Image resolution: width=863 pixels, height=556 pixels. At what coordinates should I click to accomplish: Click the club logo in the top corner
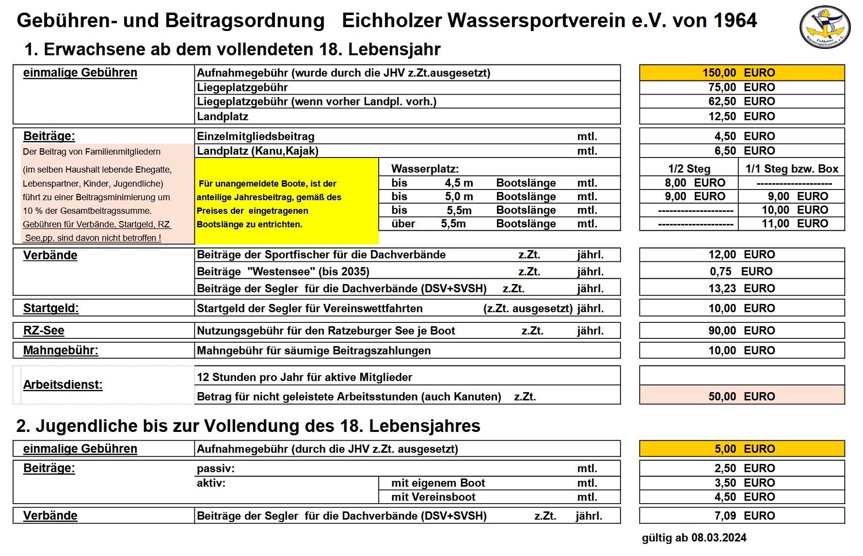[825, 27]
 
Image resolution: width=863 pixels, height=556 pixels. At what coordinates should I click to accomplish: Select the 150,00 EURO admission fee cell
[741, 73]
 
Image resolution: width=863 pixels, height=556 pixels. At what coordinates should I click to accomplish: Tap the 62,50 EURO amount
[741, 102]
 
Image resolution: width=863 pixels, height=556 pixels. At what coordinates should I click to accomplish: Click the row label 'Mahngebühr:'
[61, 350]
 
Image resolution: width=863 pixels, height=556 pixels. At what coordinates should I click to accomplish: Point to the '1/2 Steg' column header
[689, 169]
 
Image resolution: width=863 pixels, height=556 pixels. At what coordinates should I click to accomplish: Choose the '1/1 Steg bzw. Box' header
[791, 169]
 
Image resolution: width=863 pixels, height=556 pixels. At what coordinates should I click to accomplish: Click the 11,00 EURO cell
[791, 223]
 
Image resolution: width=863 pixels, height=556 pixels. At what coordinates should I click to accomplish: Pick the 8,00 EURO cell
[689, 183]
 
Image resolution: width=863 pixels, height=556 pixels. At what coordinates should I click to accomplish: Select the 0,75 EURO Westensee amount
[741, 271]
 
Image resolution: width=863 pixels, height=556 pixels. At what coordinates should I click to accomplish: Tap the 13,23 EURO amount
[741, 288]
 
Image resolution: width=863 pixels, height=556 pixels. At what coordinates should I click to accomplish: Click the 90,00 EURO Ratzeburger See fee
[741, 331]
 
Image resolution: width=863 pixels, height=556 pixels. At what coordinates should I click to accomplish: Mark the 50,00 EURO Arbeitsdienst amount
[741, 397]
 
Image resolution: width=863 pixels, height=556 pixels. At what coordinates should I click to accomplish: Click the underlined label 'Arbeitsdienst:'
[63, 385]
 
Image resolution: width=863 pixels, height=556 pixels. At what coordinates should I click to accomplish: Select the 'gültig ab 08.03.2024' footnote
[694, 538]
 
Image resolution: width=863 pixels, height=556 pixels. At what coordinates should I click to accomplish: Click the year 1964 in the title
[735, 21]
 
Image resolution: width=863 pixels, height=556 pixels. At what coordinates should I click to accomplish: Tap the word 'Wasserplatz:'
[425, 169]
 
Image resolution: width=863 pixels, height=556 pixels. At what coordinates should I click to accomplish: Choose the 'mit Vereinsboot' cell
[433, 497]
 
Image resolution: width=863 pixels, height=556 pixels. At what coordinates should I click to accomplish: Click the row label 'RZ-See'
[44, 331]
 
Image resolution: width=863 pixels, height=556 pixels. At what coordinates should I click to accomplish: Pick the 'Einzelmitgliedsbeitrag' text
[256, 137]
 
